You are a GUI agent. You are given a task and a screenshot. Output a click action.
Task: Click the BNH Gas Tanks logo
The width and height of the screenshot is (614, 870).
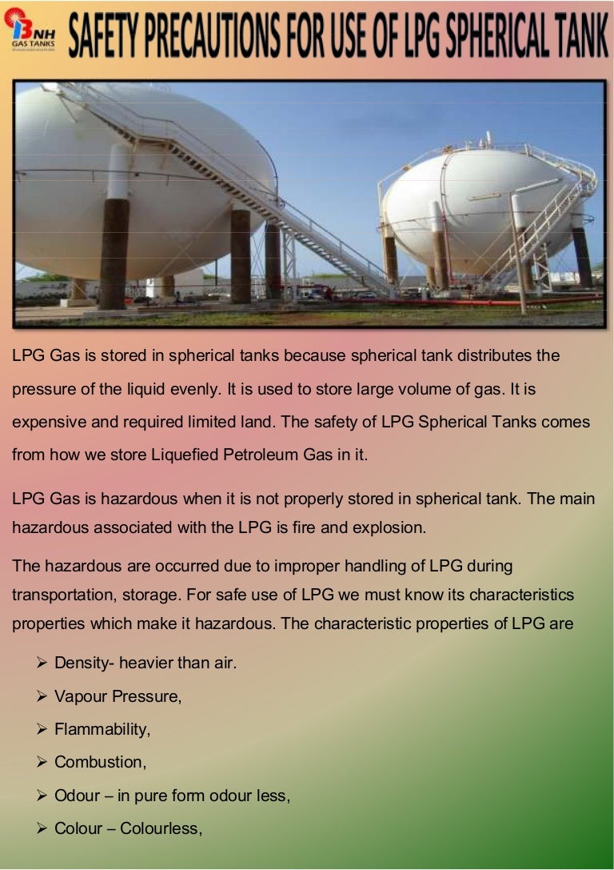click(x=30, y=32)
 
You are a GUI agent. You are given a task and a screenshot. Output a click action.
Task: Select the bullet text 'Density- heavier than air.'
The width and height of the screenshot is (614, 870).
click(x=145, y=663)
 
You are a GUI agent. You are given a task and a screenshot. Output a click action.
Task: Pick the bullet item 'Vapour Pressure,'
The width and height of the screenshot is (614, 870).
click(x=118, y=696)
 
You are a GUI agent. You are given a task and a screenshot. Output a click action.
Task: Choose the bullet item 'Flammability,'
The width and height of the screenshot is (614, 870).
click(x=102, y=729)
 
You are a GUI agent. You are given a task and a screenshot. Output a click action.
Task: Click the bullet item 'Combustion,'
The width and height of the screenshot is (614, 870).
click(x=100, y=762)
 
